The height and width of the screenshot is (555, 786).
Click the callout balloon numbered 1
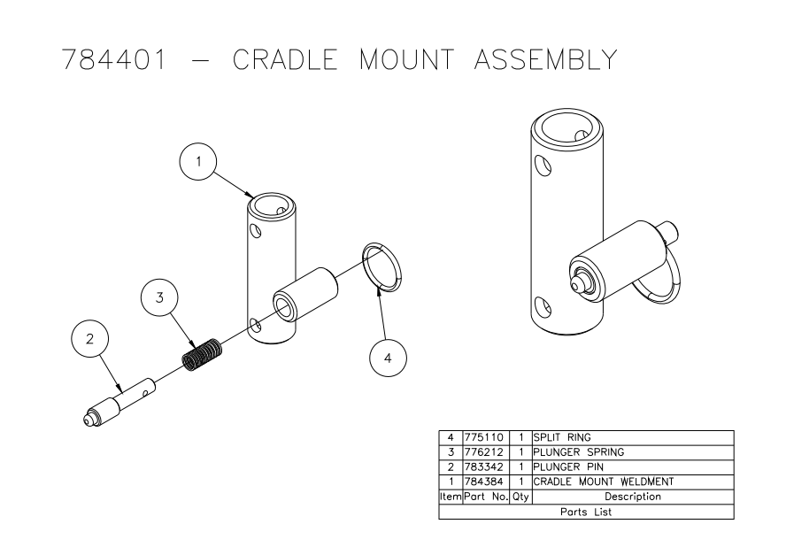199,163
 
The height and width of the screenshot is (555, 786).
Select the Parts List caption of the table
585,512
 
